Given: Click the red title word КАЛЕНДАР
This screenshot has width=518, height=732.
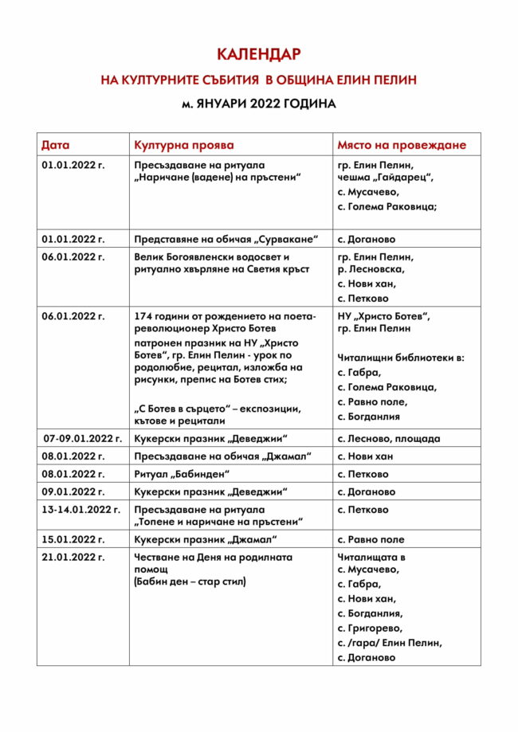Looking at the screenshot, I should click(x=258, y=54).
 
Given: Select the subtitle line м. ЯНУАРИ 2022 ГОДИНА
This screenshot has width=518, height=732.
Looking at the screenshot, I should click(x=258, y=104).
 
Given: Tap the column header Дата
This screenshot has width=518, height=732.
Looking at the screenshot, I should click(x=56, y=145).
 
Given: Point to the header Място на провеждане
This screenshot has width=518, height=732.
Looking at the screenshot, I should click(x=401, y=145).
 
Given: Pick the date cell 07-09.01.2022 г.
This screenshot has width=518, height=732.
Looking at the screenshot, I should click(x=83, y=438).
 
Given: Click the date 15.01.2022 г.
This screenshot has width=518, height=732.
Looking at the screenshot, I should click(x=73, y=539).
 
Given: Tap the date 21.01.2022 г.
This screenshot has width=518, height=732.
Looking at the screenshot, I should click(x=73, y=558).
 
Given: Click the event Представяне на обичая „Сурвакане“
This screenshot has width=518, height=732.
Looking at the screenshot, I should click(x=226, y=239).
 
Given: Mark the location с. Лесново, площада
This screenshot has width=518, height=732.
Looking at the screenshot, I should click(x=388, y=438).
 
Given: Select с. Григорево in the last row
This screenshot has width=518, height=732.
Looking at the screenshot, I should click(x=370, y=628).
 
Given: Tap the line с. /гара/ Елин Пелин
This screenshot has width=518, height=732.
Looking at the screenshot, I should click(x=390, y=643).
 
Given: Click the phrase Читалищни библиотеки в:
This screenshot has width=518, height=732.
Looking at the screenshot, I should click(x=401, y=358).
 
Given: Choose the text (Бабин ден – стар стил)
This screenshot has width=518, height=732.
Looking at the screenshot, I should click(x=190, y=581).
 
